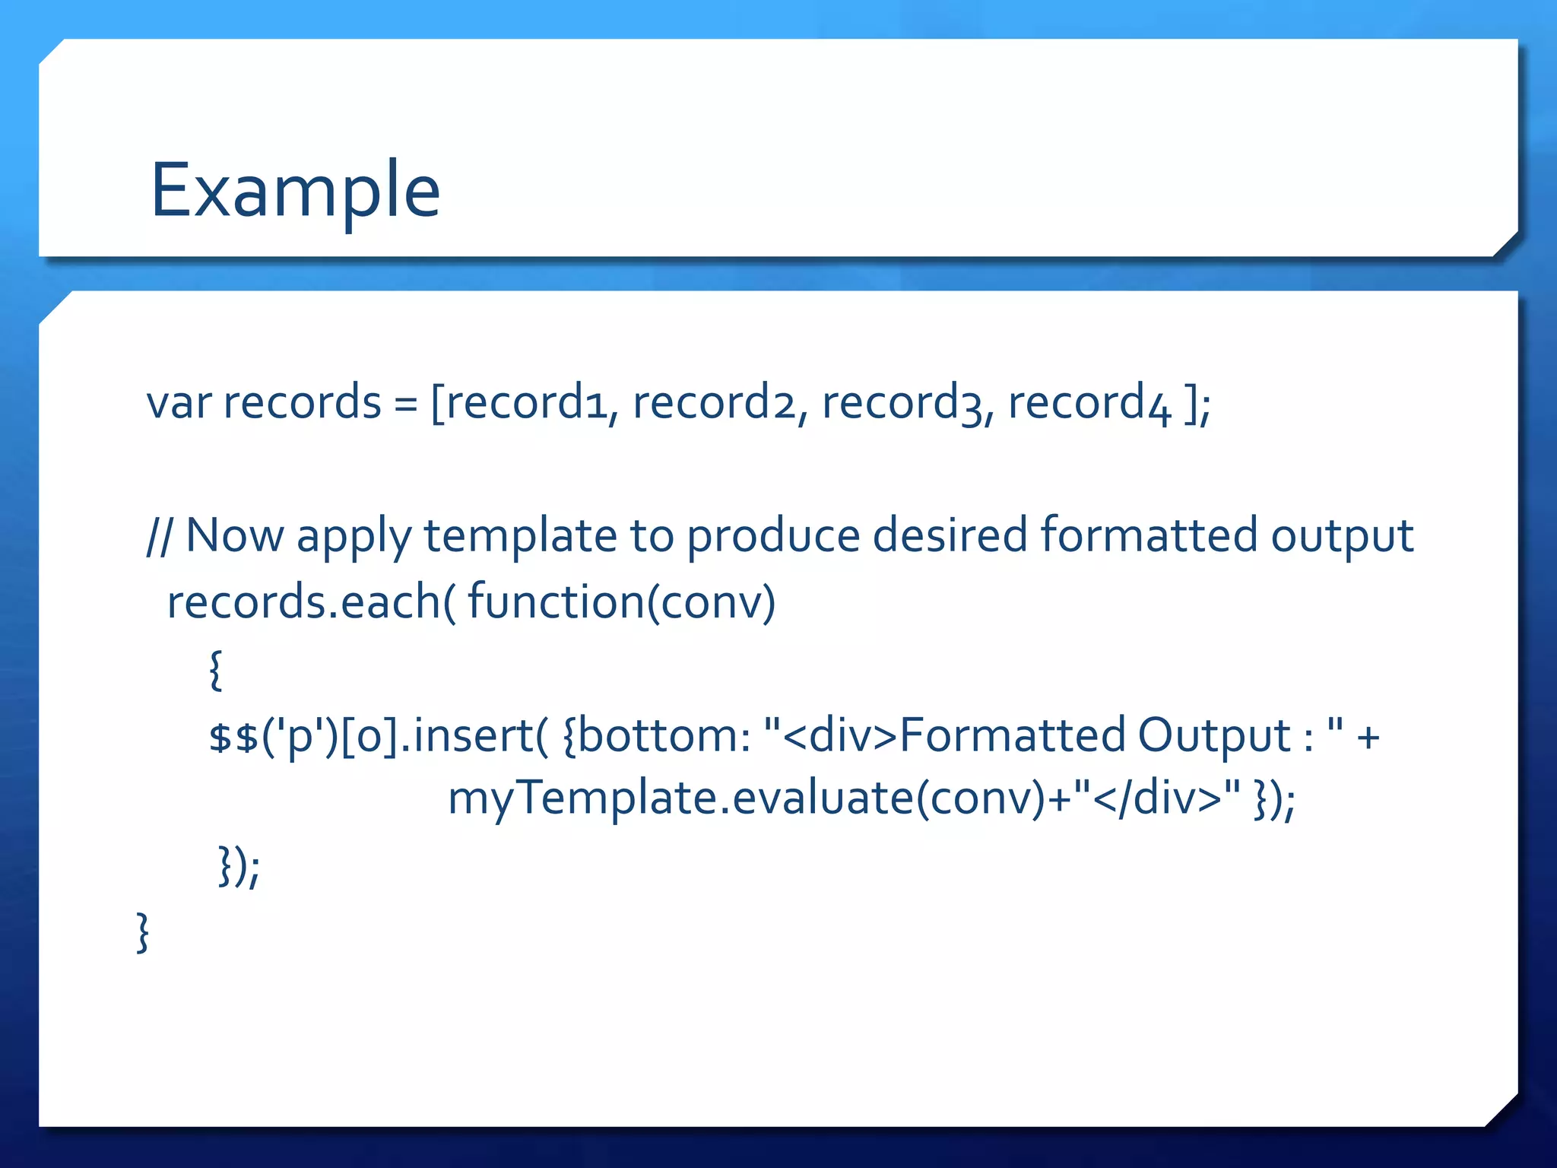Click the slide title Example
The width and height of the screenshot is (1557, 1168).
coord(295,190)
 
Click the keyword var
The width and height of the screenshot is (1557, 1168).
coord(179,402)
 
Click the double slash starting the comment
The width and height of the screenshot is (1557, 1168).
coord(159,535)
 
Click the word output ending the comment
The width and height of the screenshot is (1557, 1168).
coord(1342,537)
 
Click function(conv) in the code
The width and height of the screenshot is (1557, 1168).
coord(621,602)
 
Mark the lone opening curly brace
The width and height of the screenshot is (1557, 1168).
coord(216,670)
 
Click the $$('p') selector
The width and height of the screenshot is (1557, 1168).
coord(271,737)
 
